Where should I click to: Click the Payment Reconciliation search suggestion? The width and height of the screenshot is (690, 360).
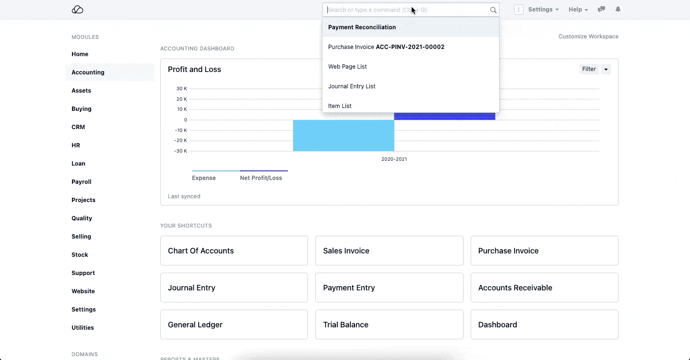click(362, 27)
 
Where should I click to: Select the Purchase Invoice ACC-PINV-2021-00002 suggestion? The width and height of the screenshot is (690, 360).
click(386, 47)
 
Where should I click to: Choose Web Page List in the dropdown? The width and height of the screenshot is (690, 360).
click(347, 67)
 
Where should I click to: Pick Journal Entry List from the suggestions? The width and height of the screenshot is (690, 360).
click(352, 86)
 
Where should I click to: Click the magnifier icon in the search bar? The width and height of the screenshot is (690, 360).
click(493, 10)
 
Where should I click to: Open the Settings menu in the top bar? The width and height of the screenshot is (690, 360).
click(543, 10)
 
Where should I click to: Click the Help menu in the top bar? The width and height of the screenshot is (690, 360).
click(578, 10)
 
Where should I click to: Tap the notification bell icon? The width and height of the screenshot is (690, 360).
click(618, 10)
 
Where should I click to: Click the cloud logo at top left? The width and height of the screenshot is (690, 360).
click(77, 10)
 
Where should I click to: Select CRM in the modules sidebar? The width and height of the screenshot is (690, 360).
click(78, 127)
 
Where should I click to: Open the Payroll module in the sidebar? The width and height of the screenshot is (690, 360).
click(82, 182)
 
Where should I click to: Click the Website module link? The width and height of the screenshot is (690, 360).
click(83, 291)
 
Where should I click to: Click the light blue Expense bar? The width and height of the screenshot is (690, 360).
click(344, 135)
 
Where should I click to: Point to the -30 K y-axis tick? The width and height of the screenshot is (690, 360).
click(181, 151)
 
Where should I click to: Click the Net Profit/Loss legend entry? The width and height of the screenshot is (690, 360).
click(261, 178)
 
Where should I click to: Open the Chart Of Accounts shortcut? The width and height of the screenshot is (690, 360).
click(234, 251)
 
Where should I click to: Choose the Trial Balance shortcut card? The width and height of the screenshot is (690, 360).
click(389, 324)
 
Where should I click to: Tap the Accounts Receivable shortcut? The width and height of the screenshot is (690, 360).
click(544, 288)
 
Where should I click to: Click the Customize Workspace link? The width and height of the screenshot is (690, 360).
click(588, 36)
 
